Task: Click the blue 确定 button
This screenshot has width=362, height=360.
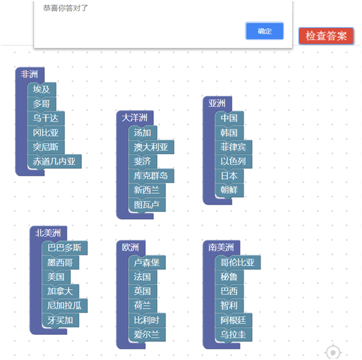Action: tap(265, 31)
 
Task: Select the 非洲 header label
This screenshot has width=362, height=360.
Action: tap(29, 74)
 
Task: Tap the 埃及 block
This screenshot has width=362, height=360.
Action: tap(42, 89)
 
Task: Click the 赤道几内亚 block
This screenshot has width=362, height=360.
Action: tap(55, 161)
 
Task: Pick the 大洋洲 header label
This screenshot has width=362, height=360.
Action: tap(135, 118)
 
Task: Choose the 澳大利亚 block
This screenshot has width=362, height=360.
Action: tap(151, 147)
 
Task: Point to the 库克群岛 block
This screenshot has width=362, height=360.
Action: tap(151, 176)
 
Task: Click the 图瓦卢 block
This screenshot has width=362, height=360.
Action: tap(147, 205)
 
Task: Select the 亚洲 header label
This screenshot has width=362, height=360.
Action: tap(217, 103)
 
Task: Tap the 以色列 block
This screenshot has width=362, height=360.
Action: tap(233, 161)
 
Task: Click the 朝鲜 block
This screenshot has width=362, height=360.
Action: tap(229, 190)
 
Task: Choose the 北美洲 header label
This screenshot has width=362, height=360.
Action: tap(48, 233)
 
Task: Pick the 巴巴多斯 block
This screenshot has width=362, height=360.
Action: tap(65, 248)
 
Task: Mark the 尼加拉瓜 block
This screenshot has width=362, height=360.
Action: tap(65, 305)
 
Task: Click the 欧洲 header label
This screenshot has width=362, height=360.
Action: tap(130, 248)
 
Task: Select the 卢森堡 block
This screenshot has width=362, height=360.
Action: tap(147, 263)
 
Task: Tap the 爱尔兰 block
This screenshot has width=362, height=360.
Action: tap(147, 335)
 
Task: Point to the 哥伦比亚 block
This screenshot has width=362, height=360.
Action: tap(238, 263)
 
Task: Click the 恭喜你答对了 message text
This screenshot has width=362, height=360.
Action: tap(66, 8)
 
